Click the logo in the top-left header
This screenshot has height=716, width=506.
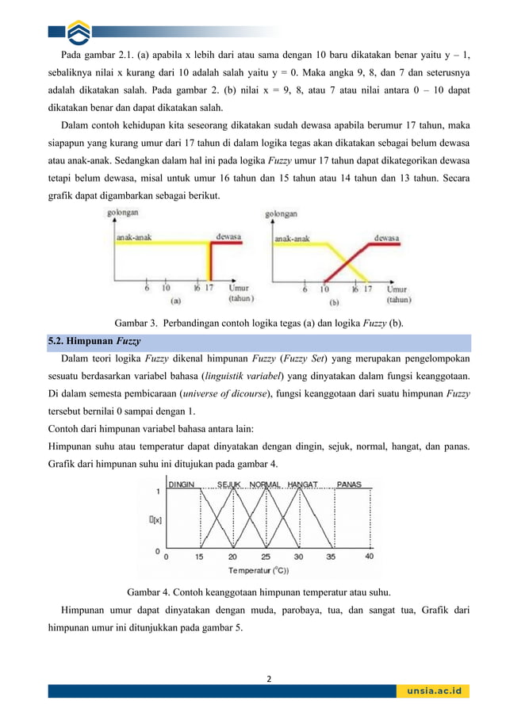click(x=79, y=32)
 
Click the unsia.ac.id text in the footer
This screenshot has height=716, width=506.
click(x=432, y=691)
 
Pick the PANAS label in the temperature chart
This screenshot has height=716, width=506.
click(x=350, y=484)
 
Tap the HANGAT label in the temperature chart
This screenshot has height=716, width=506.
click(x=303, y=484)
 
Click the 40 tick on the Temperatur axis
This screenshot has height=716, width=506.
click(x=369, y=557)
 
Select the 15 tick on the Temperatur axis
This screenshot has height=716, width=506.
click(x=199, y=557)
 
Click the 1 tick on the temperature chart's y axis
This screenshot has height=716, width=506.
click(x=157, y=492)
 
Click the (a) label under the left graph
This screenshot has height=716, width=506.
click(x=175, y=301)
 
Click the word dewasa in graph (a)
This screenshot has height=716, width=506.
click(x=230, y=235)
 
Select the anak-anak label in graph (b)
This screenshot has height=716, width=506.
click(x=293, y=236)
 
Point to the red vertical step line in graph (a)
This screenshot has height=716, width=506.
click(x=210, y=262)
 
